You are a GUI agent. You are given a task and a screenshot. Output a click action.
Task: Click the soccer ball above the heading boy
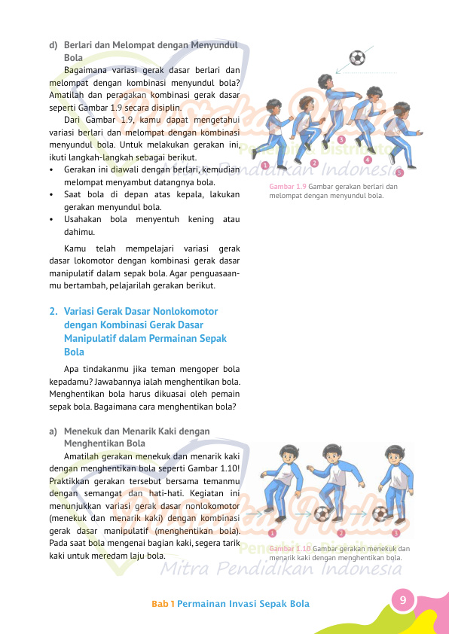click(x=358, y=58)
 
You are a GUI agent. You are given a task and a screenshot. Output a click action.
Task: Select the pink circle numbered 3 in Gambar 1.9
click(x=341, y=140)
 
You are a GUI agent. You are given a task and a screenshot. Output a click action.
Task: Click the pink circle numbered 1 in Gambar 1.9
click(x=265, y=167)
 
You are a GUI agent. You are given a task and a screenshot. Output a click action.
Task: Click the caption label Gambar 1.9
click(x=287, y=187)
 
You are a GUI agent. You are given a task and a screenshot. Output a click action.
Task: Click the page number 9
click(x=403, y=600)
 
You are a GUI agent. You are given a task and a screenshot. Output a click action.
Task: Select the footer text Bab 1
click(x=163, y=604)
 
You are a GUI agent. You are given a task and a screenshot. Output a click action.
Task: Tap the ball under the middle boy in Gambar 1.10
click(x=322, y=515)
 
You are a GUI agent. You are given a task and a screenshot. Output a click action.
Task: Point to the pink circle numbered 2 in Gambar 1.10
click(x=341, y=533)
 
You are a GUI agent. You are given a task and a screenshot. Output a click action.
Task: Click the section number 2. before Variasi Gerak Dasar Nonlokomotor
click(x=53, y=310)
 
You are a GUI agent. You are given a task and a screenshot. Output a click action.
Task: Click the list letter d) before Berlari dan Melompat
click(x=53, y=44)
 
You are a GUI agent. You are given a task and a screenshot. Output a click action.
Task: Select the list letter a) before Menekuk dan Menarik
click(x=53, y=431)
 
